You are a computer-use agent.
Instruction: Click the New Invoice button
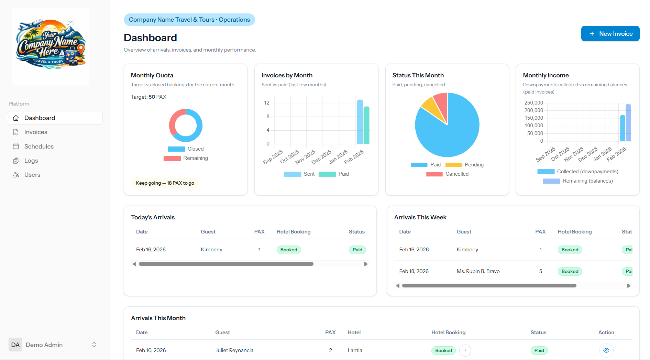pos(610,34)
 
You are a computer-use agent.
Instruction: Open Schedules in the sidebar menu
pos(39,146)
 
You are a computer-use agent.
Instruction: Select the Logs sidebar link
pos(31,161)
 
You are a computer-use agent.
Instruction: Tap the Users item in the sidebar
pos(32,175)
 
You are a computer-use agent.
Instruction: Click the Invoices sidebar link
pos(35,132)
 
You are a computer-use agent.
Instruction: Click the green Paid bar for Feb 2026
pos(366,126)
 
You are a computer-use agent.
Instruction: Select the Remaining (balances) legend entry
pos(577,181)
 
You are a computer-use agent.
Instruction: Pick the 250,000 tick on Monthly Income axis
pos(533,103)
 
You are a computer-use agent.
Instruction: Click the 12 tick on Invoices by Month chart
pos(266,103)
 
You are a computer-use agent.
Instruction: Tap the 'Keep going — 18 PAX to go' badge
pos(165,183)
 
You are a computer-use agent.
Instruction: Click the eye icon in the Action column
pos(606,350)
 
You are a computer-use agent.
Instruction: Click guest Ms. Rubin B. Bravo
pos(478,271)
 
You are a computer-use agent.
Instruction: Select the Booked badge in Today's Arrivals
pos(288,250)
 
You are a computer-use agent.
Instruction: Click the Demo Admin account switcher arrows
pos(94,345)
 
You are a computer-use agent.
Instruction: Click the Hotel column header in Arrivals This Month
pos(354,332)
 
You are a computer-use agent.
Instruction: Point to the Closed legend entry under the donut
pos(186,149)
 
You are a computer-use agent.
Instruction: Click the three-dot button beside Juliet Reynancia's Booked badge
pos(465,350)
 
